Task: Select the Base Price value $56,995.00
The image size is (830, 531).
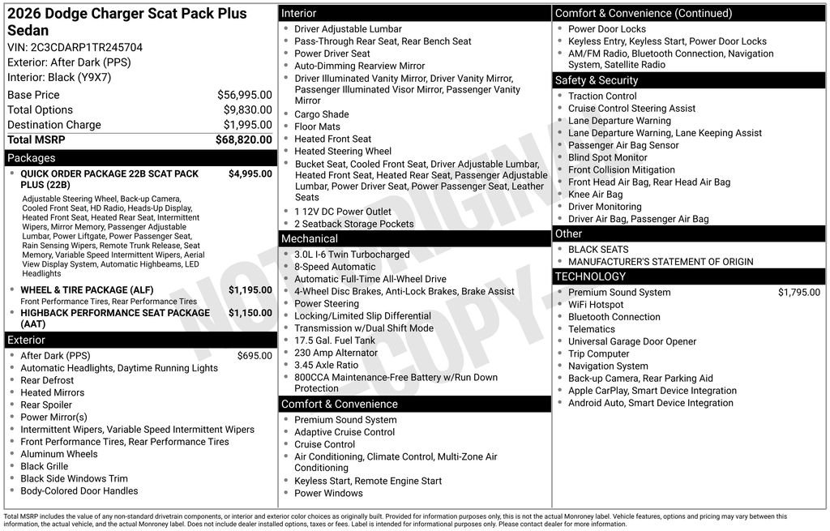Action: pyautogui.click(x=244, y=95)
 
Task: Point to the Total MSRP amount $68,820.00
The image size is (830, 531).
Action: pyautogui.click(x=243, y=140)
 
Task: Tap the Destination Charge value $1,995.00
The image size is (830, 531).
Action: pyautogui.click(x=247, y=125)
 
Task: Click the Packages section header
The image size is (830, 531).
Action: pyautogui.click(x=32, y=158)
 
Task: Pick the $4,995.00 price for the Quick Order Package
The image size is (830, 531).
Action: pyautogui.click(x=250, y=173)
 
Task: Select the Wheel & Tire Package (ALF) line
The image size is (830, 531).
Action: pyautogui.click(x=86, y=290)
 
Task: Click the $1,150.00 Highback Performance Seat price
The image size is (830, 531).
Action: pyautogui.click(x=250, y=313)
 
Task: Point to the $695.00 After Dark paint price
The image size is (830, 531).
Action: pyautogui.click(x=255, y=356)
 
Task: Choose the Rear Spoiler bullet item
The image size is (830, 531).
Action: pyautogui.click(x=46, y=405)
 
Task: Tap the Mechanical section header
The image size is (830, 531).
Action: pyautogui.click(x=310, y=239)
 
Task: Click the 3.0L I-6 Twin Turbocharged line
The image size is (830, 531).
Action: pyautogui.click(x=352, y=255)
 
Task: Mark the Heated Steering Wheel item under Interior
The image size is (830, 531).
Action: pyautogui.click(x=343, y=152)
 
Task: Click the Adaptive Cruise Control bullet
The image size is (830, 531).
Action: pyautogui.click(x=344, y=433)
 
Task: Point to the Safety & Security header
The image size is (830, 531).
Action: pyautogui.click(x=597, y=80)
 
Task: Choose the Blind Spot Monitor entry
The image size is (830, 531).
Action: pyautogui.click(x=608, y=158)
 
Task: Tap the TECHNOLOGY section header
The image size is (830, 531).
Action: pyautogui.click(x=590, y=276)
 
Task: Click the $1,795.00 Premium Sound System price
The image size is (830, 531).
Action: pyautogui.click(x=798, y=293)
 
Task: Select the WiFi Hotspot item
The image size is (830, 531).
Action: pyautogui.click(x=596, y=305)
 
